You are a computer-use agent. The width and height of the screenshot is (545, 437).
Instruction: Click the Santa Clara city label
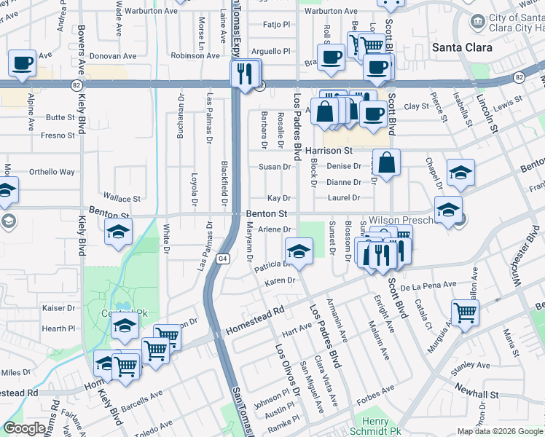(462, 47)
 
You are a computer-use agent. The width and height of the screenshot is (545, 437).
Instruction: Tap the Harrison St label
(328, 151)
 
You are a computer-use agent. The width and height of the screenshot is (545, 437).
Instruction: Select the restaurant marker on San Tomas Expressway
(245, 74)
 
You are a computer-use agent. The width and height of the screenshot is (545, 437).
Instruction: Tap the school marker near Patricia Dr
(299, 251)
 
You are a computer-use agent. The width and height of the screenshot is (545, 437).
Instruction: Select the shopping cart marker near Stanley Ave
(465, 312)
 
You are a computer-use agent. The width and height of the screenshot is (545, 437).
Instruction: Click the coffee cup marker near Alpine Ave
(23, 63)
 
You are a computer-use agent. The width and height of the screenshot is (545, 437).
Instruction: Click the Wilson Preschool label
(401, 219)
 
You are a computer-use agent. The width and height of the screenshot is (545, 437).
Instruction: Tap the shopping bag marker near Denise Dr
(388, 162)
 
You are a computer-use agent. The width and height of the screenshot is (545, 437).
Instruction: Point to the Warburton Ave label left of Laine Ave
(151, 12)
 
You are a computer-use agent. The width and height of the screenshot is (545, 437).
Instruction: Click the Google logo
(24, 428)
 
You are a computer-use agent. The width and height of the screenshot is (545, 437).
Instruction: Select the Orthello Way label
(52, 172)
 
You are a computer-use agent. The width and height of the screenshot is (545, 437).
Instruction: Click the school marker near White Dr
(117, 234)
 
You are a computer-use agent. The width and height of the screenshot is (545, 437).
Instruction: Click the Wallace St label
(122, 198)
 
